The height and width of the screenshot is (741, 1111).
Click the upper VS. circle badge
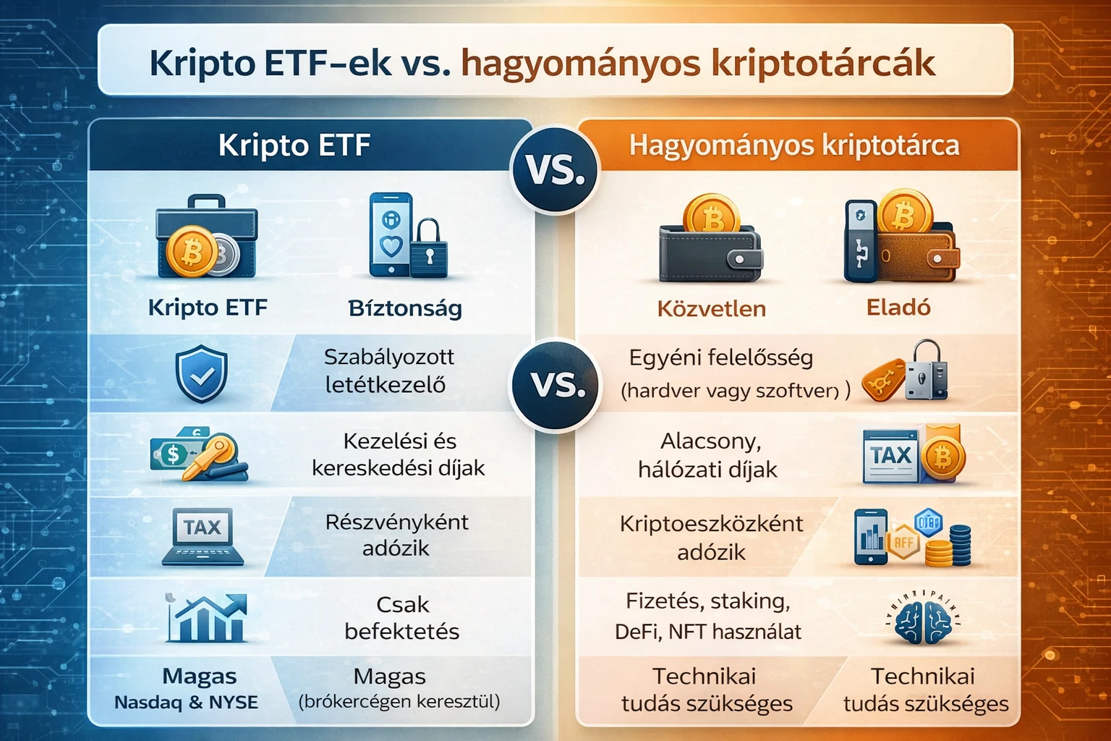click(555, 170)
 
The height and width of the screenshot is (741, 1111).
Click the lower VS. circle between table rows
click(555, 384)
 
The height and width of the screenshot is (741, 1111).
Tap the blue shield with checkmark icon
click(202, 374)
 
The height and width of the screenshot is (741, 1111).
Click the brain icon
click(923, 619)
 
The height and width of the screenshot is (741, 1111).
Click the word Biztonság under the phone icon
click(405, 308)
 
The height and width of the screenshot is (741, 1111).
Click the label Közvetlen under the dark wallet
click(711, 309)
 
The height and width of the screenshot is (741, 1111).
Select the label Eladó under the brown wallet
click(898, 308)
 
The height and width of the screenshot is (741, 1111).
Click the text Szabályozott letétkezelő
click(388, 370)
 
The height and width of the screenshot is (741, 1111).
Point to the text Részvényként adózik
click(396, 535)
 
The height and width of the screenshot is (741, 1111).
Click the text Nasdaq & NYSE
click(186, 703)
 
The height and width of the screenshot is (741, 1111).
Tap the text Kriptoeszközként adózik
click(711, 537)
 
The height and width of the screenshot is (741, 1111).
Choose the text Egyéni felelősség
click(720, 357)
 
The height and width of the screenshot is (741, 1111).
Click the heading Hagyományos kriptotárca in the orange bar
click(793, 145)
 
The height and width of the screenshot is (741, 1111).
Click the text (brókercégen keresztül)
click(399, 701)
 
